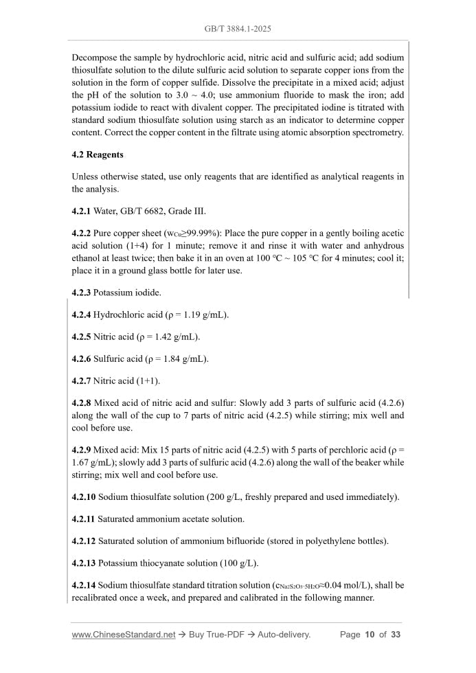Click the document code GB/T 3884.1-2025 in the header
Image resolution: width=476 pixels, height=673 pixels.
238,30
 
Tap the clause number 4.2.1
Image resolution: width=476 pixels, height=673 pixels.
81,210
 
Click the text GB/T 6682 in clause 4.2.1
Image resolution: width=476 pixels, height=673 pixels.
146,210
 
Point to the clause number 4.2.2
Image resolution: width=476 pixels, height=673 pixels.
81,233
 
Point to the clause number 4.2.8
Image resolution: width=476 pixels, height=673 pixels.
81,403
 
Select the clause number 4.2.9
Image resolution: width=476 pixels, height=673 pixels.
81,450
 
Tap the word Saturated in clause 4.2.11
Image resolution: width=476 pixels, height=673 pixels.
117,518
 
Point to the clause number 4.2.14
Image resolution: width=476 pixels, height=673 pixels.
83,585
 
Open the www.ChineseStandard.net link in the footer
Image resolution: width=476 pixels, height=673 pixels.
124,635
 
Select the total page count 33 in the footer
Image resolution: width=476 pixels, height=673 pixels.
396,635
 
